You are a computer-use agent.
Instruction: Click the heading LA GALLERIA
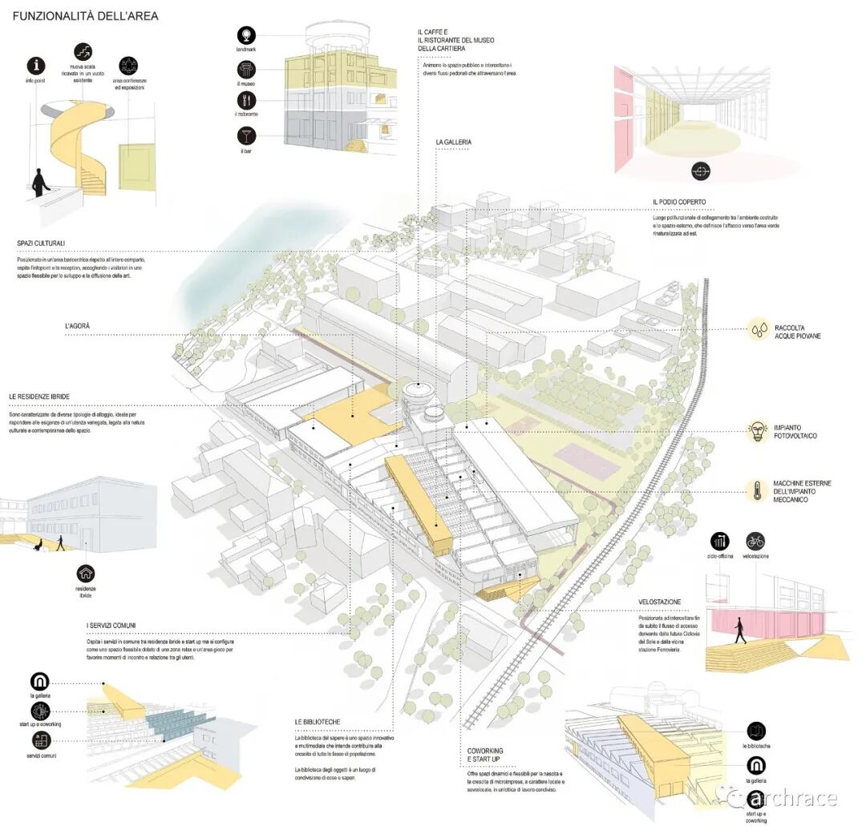454,142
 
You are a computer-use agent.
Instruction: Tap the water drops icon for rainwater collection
759,329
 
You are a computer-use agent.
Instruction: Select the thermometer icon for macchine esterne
758,490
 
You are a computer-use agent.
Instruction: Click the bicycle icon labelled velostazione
755,540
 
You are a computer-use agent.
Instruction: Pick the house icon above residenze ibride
86,573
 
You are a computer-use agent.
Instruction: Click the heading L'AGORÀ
78,326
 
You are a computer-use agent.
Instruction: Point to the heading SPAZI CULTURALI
41,243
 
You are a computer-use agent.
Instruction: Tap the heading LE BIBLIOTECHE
318,722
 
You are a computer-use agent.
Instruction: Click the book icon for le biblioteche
755,731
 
